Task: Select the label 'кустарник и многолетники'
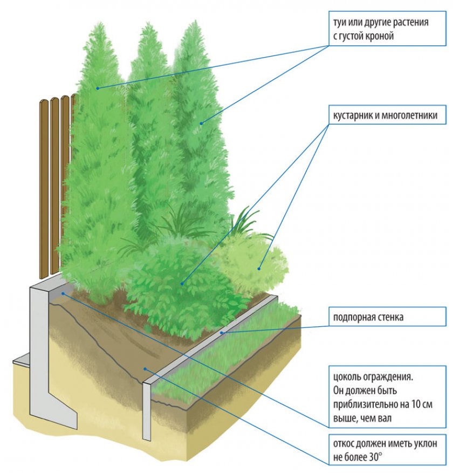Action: click(x=382, y=115)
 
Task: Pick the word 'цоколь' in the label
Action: click(x=348, y=375)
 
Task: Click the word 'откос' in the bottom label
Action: click(x=346, y=445)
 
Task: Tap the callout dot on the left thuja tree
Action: click(x=98, y=88)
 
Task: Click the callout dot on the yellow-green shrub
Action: click(x=259, y=268)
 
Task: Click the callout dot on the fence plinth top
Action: click(x=63, y=293)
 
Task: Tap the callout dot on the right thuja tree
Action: click(x=201, y=124)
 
